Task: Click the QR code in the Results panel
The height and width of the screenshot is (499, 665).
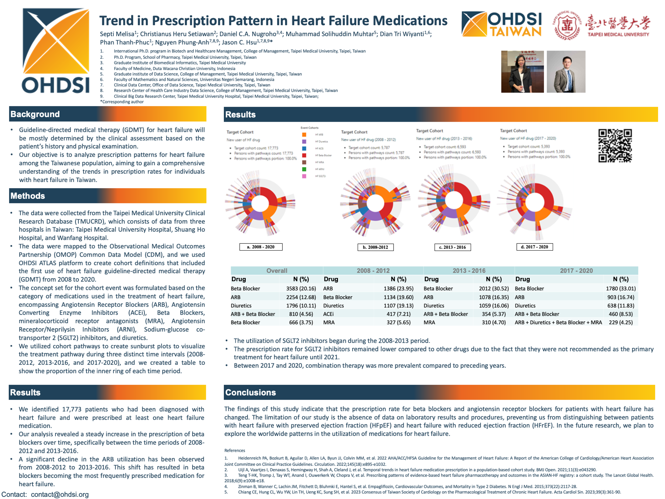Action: [x=615, y=146]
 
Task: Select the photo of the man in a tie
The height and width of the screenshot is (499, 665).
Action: [x=566, y=72]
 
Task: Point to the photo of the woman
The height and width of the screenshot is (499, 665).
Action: [x=522, y=72]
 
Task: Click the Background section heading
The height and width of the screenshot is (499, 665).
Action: [x=35, y=114]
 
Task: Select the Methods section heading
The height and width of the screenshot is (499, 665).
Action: [x=28, y=196]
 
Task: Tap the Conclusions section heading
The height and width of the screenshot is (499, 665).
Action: [x=250, y=393]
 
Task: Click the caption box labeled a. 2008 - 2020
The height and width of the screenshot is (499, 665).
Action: [x=261, y=247]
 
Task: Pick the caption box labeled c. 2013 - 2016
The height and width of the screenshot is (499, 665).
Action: [x=452, y=247]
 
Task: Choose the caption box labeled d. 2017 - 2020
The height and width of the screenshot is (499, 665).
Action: [x=534, y=247]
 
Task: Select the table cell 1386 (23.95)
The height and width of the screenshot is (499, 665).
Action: [x=398, y=289]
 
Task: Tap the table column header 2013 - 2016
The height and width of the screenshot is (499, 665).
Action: [x=469, y=271]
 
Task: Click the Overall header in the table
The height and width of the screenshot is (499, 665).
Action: [x=277, y=271]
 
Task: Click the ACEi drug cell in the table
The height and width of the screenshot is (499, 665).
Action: [x=328, y=314]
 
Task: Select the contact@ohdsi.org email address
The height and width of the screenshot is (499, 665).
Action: [x=60, y=495]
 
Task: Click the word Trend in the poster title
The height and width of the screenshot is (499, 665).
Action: [x=117, y=21]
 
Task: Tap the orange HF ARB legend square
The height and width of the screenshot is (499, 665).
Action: [x=304, y=135]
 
